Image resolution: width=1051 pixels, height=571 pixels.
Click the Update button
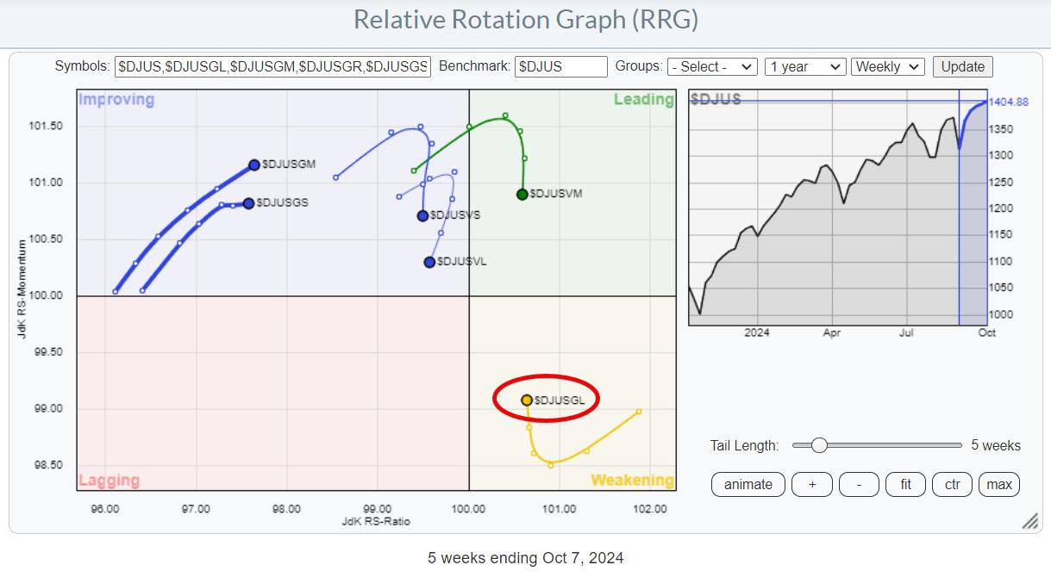click(x=962, y=66)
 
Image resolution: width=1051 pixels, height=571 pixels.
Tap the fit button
click(x=905, y=484)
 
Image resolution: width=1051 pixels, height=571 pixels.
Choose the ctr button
click(x=952, y=484)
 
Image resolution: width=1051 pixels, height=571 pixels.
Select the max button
click(x=998, y=484)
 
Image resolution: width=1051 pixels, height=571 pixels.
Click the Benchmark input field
click(x=560, y=66)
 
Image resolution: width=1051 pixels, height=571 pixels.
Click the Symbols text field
click(x=272, y=66)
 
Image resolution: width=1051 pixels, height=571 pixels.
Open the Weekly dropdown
click(x=887, y=66)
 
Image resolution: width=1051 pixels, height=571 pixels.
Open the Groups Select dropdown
click(x=712, y=66)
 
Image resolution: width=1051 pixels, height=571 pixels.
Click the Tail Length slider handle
click(x=819, y=445)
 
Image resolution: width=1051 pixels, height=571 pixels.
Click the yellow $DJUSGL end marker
click(x=527, y=400)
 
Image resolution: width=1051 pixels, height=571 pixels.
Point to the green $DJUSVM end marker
click(x=522, y=194)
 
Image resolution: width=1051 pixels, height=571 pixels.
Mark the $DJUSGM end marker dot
click(x=254, y=164)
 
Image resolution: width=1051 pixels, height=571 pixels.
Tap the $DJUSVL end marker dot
click(x=429, y=262)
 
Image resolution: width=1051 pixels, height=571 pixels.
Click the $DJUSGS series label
click(x=285, y=203)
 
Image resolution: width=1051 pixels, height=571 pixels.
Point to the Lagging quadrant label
click(x=109, y=481)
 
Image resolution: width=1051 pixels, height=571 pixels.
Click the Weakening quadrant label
click(x=632, y=481)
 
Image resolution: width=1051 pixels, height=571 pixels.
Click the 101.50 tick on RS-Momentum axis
click(x=47, y=127)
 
